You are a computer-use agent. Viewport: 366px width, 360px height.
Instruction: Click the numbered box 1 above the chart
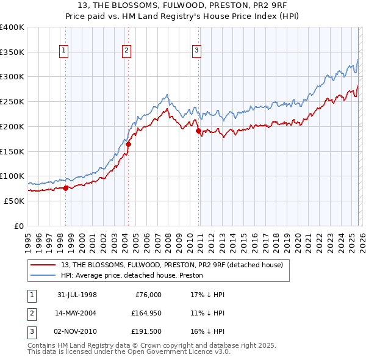tap(64, 51)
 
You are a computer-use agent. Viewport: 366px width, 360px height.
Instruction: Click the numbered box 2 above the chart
tap(126, 51)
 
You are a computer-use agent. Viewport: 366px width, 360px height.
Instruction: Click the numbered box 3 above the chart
tap(197, 51)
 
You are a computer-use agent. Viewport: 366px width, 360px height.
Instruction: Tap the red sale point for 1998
tap(66, 188)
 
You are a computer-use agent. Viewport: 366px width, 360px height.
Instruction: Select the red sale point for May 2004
tap(129, 145)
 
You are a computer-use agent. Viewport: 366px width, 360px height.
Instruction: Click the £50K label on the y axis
tap(15, 201)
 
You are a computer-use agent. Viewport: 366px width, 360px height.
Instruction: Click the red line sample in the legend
tap(44, 265)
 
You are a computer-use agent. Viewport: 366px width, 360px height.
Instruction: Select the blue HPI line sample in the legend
tap(44, 276)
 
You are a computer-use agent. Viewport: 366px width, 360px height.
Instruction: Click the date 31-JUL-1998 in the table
tap(77, 295)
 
